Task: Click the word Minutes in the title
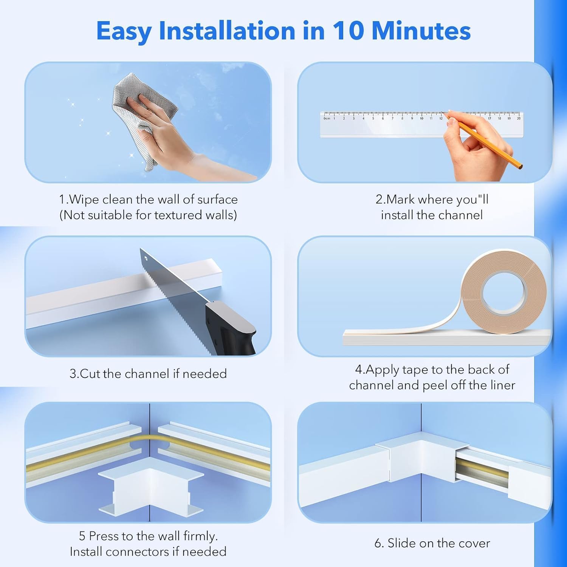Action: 421,31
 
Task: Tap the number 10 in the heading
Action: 347,31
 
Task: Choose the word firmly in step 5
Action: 200,536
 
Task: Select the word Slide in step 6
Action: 402,543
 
